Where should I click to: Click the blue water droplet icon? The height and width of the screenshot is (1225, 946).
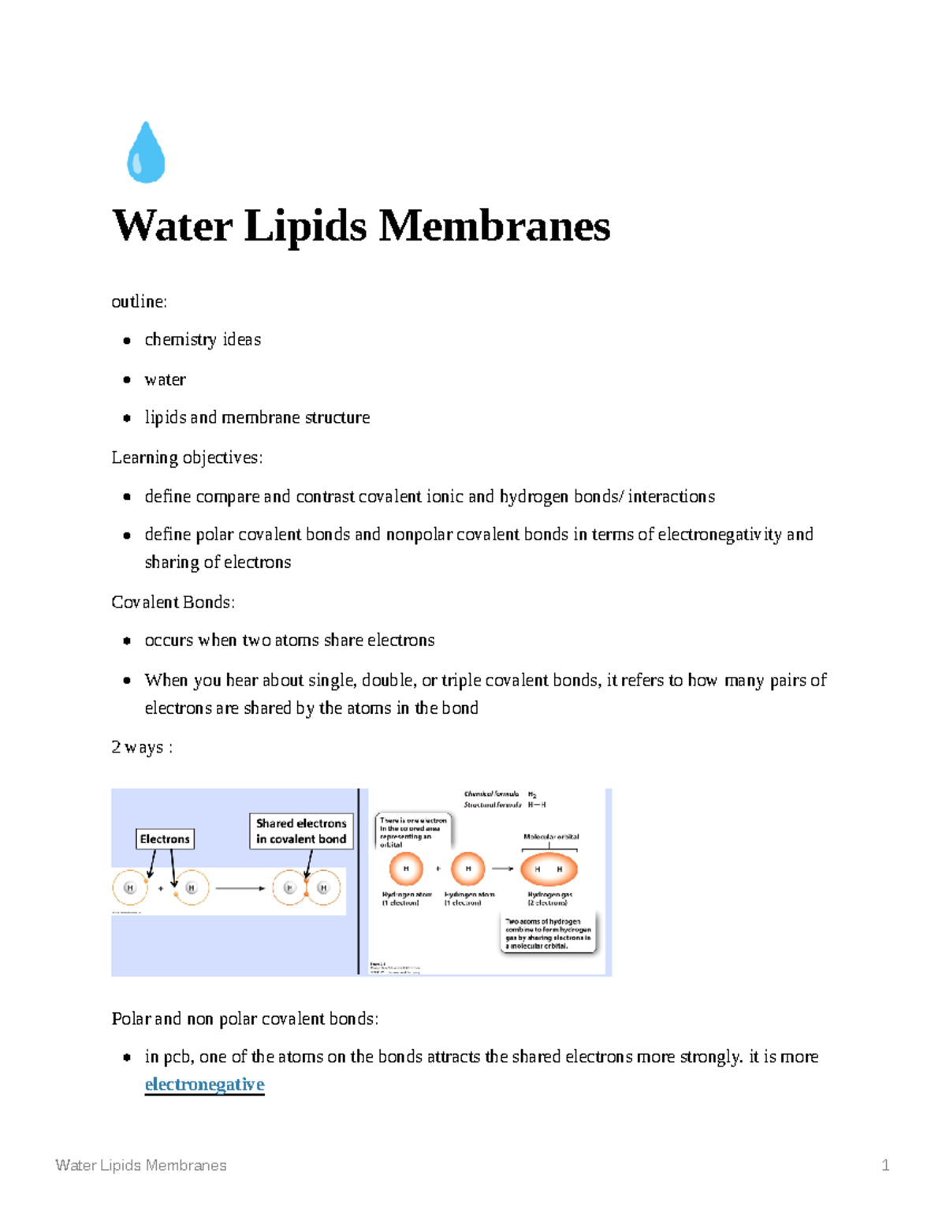(x=146, y=153)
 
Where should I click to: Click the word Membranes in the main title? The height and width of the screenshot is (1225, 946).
(x=494, y=226)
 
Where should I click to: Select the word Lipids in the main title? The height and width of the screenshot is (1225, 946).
(x=305, y=226)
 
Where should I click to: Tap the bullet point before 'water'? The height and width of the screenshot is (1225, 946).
(x=127, y=380)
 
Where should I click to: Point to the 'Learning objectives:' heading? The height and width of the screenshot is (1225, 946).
(x=187, y=458)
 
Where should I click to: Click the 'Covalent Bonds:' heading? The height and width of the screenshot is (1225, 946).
(x=173, y=603)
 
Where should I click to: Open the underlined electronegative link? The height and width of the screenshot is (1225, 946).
(x=204, y=1085)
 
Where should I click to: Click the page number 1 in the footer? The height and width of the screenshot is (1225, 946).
(x=885, y=1165)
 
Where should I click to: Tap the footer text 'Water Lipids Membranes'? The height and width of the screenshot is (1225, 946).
(x=141, y=1165)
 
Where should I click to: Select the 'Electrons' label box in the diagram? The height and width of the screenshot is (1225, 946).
(x=165, y=839)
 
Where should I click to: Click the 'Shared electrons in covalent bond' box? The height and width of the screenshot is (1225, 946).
(x=301, y=831)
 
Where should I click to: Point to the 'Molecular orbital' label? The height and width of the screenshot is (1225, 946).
(x=551, y=836)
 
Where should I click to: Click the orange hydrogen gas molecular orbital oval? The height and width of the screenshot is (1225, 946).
(x=549, y=869)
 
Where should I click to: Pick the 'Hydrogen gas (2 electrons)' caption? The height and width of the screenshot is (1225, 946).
(x=549, y=898)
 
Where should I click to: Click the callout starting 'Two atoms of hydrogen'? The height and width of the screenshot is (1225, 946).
(x=548, y=933)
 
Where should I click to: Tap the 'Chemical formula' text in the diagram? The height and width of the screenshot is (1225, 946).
(x=491, y=794)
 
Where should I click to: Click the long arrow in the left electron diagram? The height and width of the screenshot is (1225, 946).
(x=240, y=888)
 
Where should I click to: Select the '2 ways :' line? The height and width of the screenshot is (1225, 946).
(x=142, y=748)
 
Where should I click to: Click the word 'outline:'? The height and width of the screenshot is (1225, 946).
(x=140, y=302)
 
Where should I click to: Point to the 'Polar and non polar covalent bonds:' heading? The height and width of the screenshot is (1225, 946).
(x=244, y=1019)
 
